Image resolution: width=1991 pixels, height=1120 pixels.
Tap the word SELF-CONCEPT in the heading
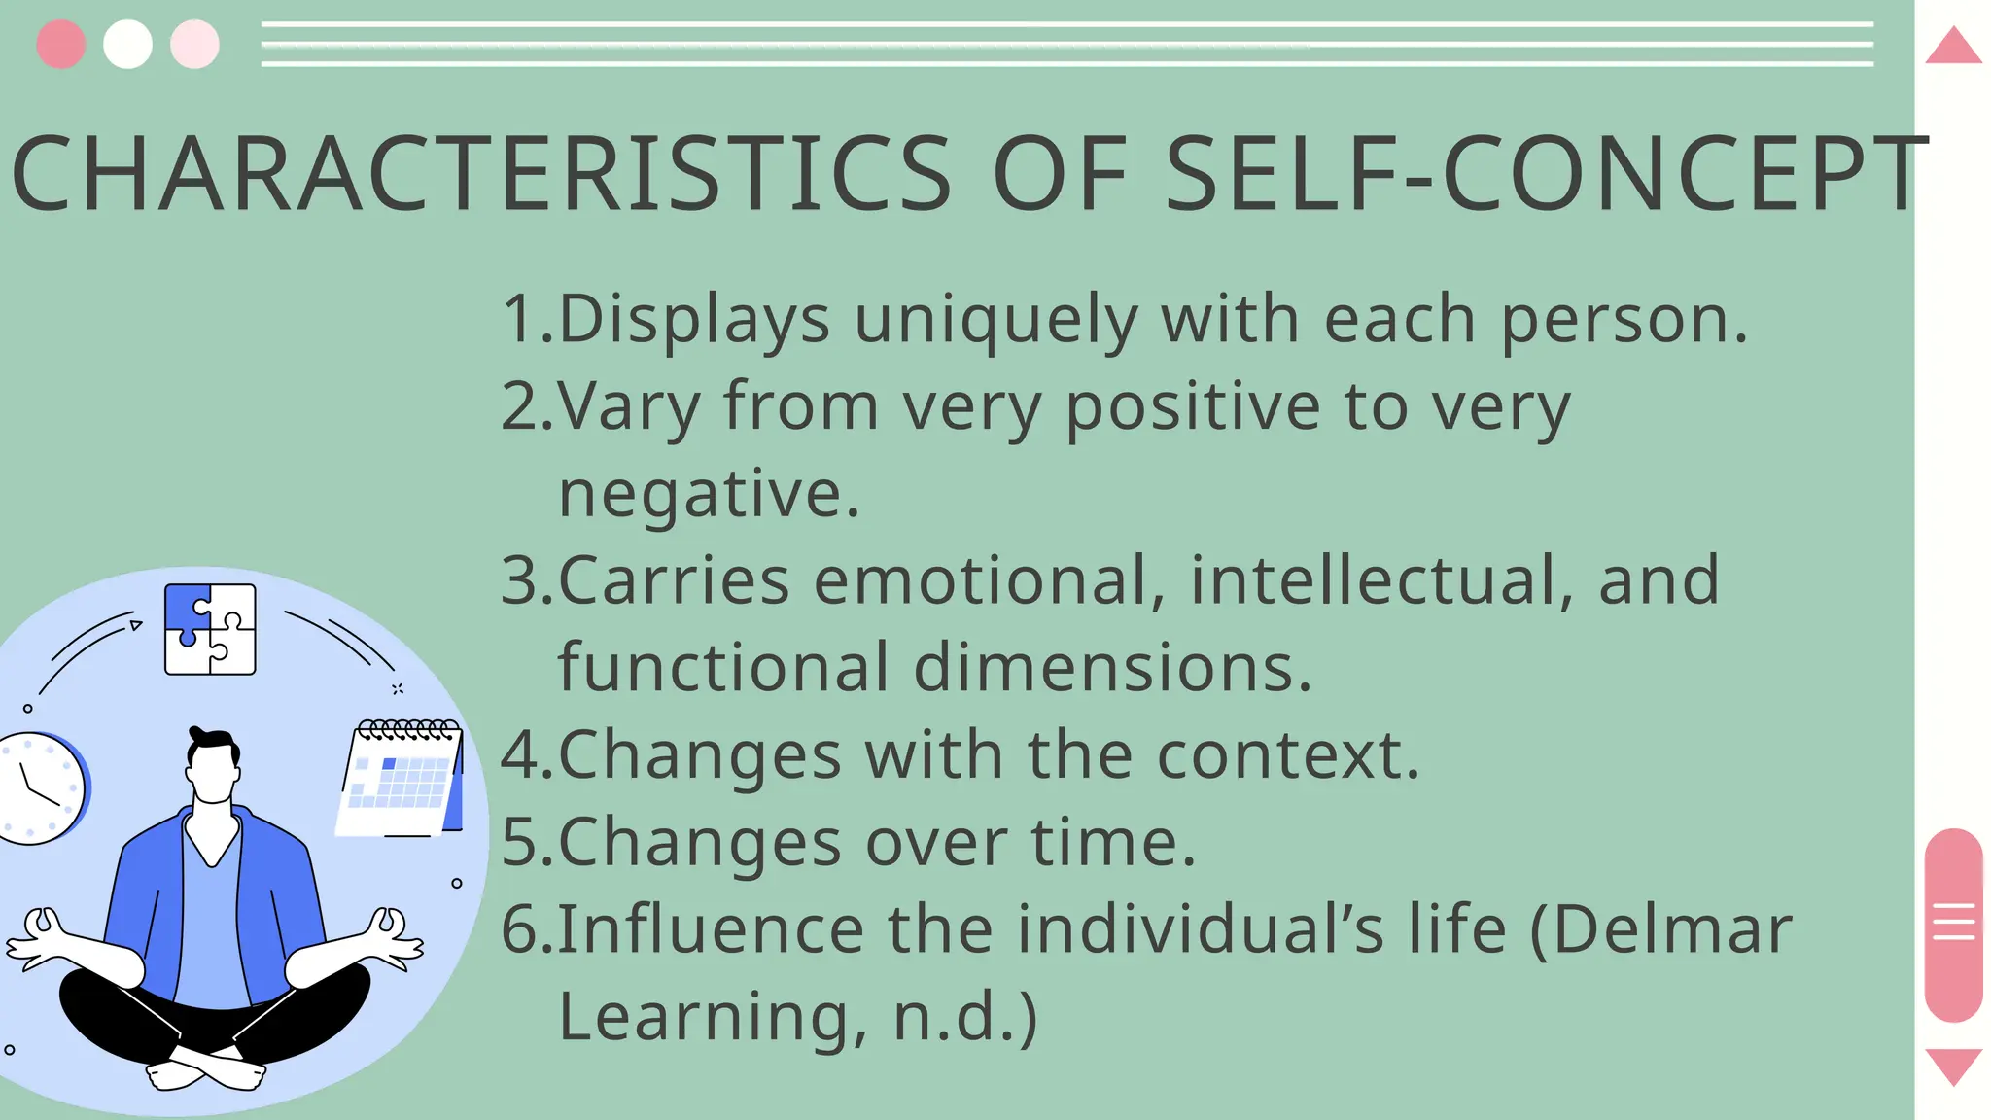click(x=1546, y=174)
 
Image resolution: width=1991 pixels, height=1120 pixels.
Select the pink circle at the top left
click(x=60, y=44)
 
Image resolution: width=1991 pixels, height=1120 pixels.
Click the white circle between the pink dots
click(x=127, y=44)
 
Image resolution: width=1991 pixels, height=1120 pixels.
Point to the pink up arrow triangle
click(x=1953, y=47)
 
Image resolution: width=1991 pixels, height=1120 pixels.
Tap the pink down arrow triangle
click(x=1953, y=1066)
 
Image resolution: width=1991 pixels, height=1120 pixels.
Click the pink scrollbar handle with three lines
click(x=1953, y=924)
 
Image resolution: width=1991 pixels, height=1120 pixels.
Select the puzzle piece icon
click(x=210, y=629)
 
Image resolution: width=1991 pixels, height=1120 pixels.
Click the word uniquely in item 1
click(x=995, y=319)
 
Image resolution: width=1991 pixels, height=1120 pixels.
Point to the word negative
click(x=709, y=494)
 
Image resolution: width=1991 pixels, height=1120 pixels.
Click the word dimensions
click(x=1112, y=668)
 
